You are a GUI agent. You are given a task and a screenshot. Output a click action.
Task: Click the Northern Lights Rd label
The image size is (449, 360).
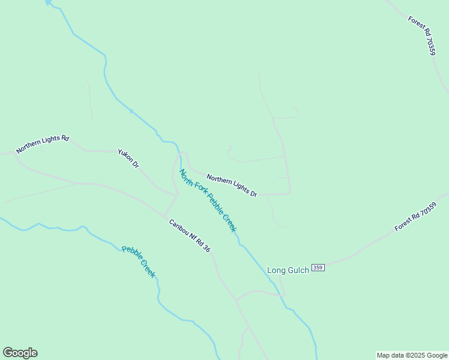point(43,144)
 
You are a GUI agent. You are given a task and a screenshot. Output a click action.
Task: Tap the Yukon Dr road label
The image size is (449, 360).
point(128,158)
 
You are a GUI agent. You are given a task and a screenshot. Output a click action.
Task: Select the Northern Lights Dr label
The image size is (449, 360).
point(232,186)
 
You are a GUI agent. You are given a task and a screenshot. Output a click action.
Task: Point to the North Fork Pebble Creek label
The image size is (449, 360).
point(208,200)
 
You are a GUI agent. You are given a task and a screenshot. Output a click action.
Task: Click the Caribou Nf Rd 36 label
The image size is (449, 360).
point(190,235)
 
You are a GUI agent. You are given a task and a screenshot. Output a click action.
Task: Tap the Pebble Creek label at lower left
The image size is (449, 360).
point(139,262)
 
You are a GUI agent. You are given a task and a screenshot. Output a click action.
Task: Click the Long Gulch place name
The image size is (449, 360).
point(288,270)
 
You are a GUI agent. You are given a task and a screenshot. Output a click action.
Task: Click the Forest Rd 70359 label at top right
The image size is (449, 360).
point(421,35)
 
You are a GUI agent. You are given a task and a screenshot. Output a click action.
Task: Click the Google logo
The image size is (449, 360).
point(20,353)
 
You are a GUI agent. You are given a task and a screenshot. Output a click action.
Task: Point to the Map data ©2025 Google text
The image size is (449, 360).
point(412,355)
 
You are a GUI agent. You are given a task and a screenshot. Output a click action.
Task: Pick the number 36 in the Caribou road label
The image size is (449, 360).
point(207,248)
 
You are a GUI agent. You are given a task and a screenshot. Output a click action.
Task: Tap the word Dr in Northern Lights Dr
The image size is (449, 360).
point(253,194)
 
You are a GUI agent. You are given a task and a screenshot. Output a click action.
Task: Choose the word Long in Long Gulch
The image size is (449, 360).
point(276,270)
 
